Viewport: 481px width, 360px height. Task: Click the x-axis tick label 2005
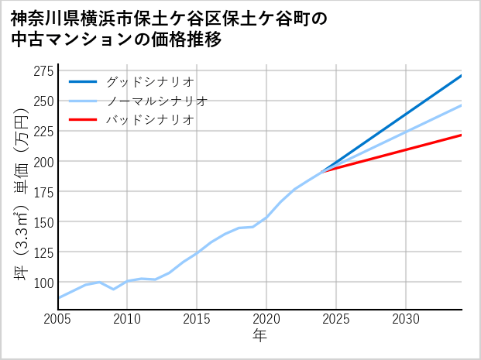click(58, 319)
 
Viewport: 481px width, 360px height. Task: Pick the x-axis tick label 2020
click(266, 319)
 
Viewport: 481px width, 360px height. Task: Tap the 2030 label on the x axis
click(406, 319)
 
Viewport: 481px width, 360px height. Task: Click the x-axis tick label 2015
click(197, 319)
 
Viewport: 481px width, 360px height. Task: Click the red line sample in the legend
click(83, 120)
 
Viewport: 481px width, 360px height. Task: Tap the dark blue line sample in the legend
click(83, 81)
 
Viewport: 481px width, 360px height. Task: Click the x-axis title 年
click(259, 336)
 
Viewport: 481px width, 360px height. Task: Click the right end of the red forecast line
click(462, 135)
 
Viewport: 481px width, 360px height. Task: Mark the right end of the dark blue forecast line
click(462, 76)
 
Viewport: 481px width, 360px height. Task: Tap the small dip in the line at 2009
click(114, 289)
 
